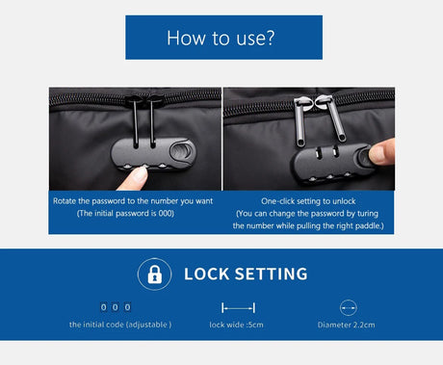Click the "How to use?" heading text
click(221, 38)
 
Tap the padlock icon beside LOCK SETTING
click(154, 274)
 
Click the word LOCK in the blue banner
click(206, 274)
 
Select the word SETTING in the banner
click(272, 274)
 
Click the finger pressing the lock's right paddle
click(382, 151)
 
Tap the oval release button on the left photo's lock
click(182, 151)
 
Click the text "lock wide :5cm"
click(236, 325)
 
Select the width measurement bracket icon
click(238, 308)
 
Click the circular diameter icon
click(349, 308)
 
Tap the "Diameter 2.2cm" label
click(346, 325)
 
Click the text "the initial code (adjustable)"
click(120, 325)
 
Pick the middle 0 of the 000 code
click(116, 307)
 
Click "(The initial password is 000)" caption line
click(125, 214)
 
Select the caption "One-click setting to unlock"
click(308, 201)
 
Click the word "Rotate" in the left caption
click(65, 201)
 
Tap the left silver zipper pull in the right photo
click(300, 122)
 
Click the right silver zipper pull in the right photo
click(334, 118)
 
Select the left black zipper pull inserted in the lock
click(136, 122)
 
